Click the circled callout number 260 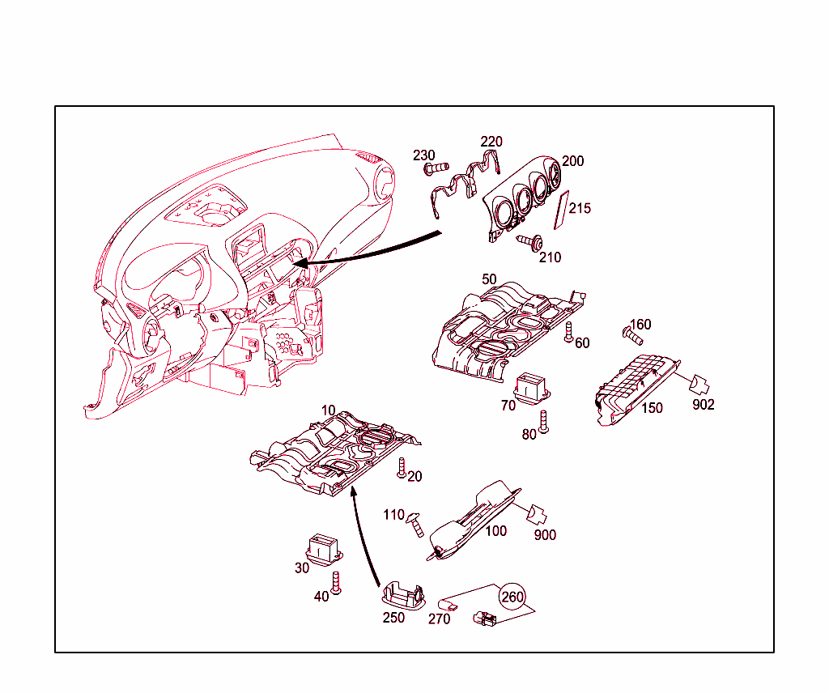[x=512, y=597]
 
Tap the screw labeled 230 [x=436, y=168]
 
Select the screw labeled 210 [x=529, y=242]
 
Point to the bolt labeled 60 [x=569, y=332]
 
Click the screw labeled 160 [x=631, y=335]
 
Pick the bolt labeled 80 [x=543, y=422]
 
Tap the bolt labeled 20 [x=402, y=469]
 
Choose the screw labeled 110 [x=415, y=525]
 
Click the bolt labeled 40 [x=335, y=583]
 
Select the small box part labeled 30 [x=324, y=549]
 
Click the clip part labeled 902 [x=699, y=385]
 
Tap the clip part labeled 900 [x=538, y=514]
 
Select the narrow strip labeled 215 [x=561, y=210]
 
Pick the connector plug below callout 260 [x=484, y=619]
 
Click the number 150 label [x=652, y=408]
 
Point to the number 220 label [x=491, y=142]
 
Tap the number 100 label [x=496, y=531]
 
